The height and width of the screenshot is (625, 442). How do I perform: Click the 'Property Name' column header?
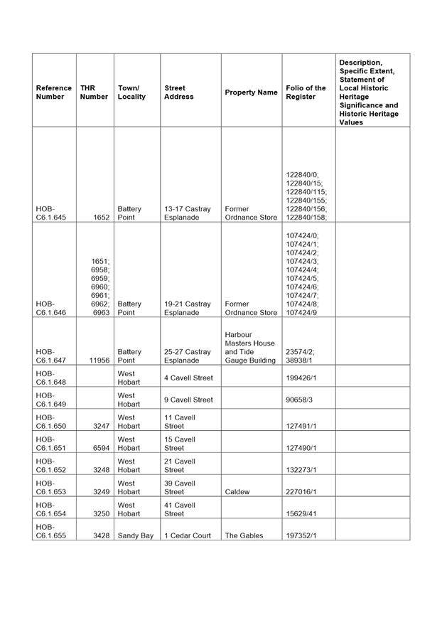click(251, 92)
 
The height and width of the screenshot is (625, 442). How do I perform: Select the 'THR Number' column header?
click(94, 92)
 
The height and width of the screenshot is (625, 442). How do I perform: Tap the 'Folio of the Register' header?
click(306, 92)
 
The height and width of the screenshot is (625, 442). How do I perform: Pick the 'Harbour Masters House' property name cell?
click(250, 347)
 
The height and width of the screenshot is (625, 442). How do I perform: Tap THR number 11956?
click(98, 360)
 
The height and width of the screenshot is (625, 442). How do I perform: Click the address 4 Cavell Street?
click(188, 378)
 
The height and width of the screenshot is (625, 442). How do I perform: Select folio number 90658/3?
click(300, 400)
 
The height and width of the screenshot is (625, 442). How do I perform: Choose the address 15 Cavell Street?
click(180, 444)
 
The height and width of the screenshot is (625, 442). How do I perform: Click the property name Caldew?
click(237, 492)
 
